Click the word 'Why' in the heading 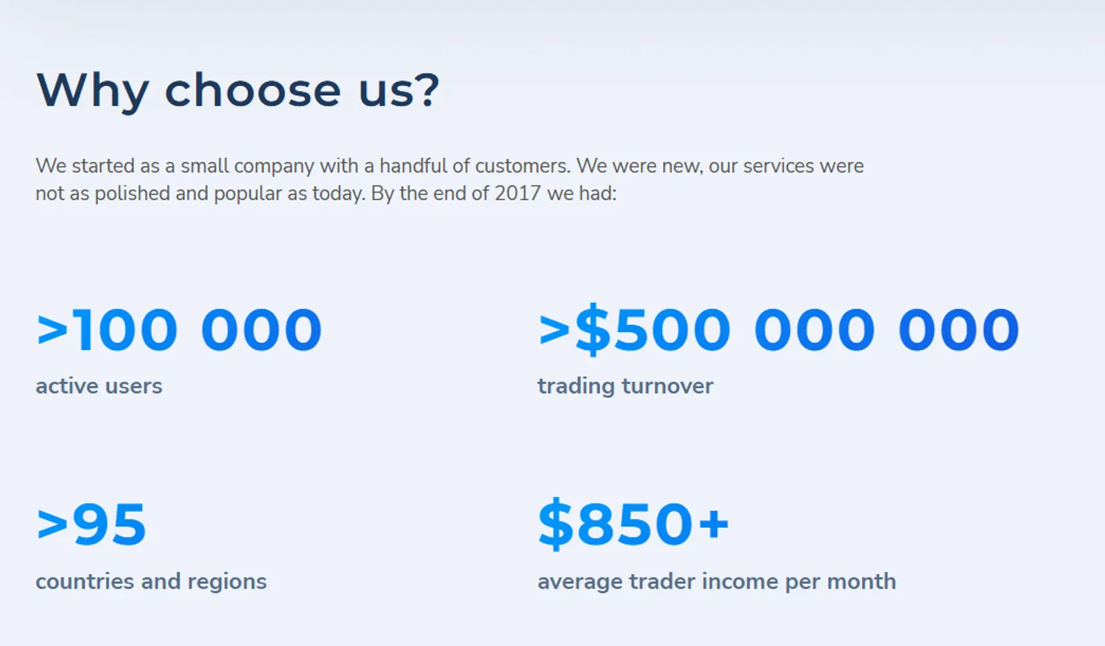tap(93, 92)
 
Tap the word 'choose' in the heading tap(253, 89)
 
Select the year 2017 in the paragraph tap(517, 193)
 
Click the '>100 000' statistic tap(179, 329)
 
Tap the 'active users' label tap(99, 386)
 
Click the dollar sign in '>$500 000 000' tap(593, 329)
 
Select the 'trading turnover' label tap(625, 386)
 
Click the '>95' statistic tap(91, 525)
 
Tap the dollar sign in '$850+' tap(555, 524)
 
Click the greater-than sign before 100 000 tap(52, 329)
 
